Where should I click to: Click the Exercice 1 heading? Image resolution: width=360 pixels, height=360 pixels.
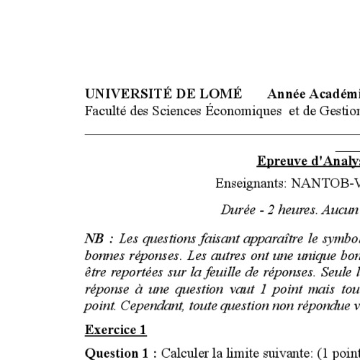tap(116, 330)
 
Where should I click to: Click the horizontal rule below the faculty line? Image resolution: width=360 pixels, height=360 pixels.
tap(216, 133)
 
